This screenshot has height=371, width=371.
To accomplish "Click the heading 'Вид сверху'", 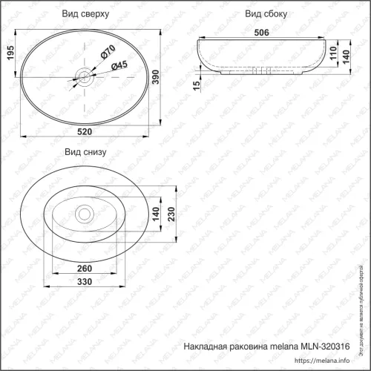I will point(85,14).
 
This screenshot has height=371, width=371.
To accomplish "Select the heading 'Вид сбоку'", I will point(265,14).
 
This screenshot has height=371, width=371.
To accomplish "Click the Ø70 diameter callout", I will point(107,53).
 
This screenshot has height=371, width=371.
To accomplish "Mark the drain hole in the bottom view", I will point(85,214).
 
